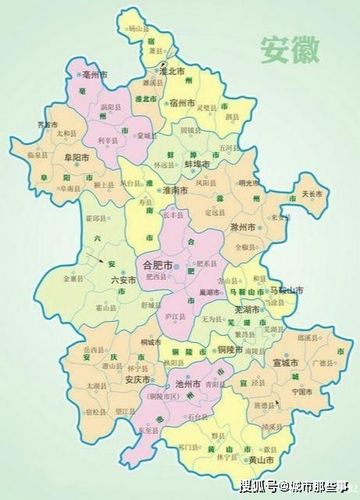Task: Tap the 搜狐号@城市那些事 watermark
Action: [297, 486]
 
